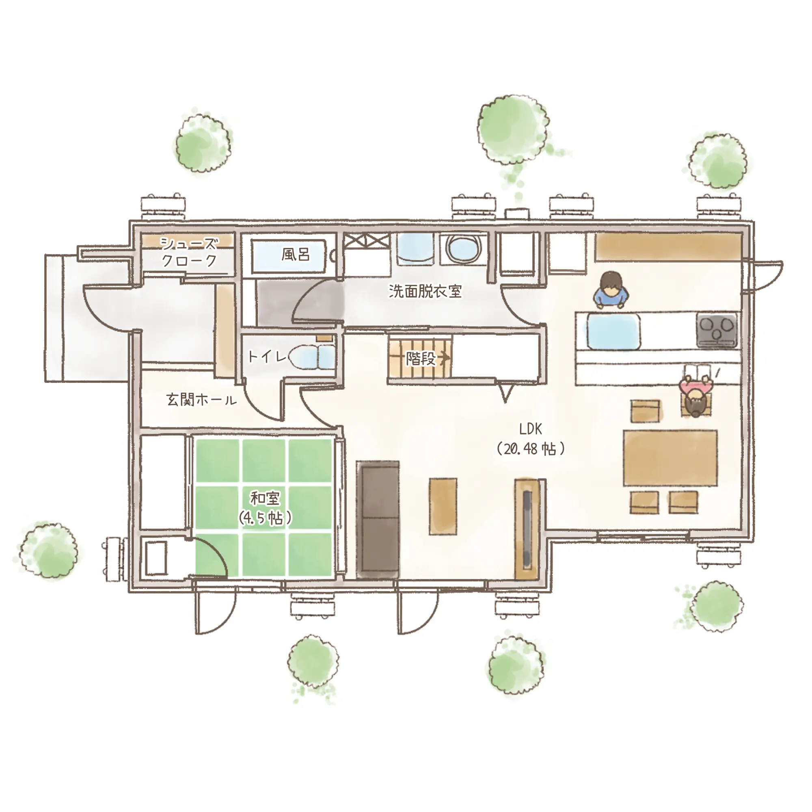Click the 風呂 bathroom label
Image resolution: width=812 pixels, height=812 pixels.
tap(296, 254)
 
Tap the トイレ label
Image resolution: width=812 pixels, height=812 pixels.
tap(267, 357)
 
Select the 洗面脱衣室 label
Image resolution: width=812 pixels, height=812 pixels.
tap(425, 291)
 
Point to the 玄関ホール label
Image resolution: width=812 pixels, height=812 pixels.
tap(202, 400)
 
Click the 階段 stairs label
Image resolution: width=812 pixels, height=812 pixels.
tap(421, 358)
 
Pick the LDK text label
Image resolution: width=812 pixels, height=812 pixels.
tap(530, 429)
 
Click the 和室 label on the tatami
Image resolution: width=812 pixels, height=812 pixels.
tap(265, 499)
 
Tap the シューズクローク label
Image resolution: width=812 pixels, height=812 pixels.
tap(190, 252)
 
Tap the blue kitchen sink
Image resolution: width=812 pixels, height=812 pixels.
tap(613, 332)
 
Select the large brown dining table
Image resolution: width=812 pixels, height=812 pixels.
tap(670, 458)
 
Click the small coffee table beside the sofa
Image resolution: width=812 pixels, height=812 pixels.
tap(443, 506)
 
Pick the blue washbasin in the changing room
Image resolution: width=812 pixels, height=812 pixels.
tap(415, 249)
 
